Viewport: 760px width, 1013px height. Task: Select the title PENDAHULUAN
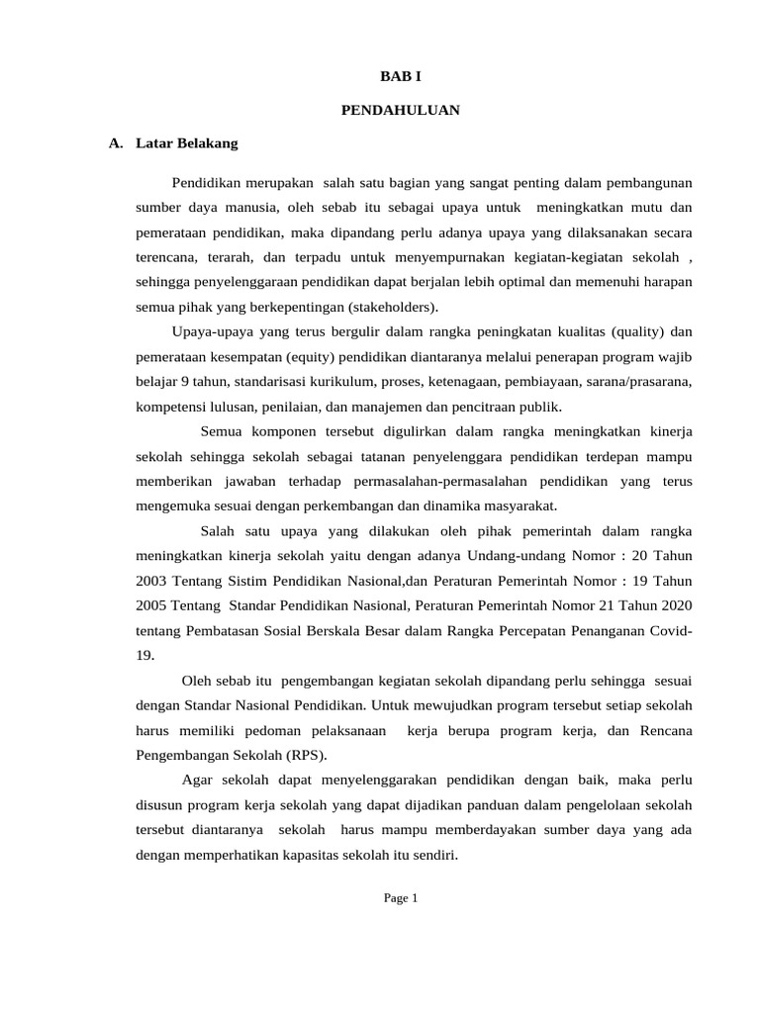click(x=401, y=110)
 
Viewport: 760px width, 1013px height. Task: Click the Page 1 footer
click(x=402, y=898)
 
